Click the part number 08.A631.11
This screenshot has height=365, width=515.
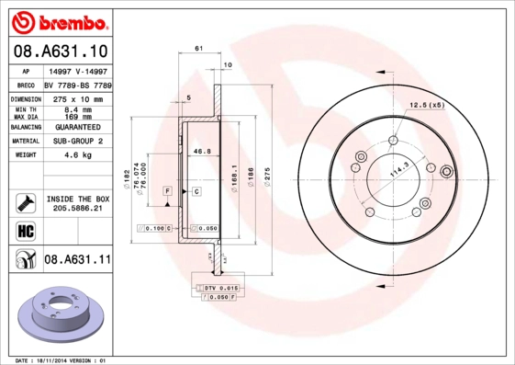pyautogui.click(x=77, y=260)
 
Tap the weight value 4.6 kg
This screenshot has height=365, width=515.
pyautogui.click(x=79, y=155)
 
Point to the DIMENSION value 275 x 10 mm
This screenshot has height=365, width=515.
pyautogui.click(x=79, y=97)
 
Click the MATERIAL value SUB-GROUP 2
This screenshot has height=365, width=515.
pyautogui.click(x=79, y=142)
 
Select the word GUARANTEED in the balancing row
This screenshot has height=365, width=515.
pyautogui.click(x=79, y=127)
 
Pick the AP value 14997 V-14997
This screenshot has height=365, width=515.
pyautogui.click(x=79, y=71)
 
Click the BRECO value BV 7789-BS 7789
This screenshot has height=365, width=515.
pyautogui.click(x=79, y=83)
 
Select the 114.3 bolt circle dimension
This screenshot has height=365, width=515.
pyautogui.click(x=372, y=171)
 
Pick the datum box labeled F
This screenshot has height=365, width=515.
pyautogui.click(x=168, y=190)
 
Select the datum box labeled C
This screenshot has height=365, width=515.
pyautogui.click(x=196, y=190)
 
